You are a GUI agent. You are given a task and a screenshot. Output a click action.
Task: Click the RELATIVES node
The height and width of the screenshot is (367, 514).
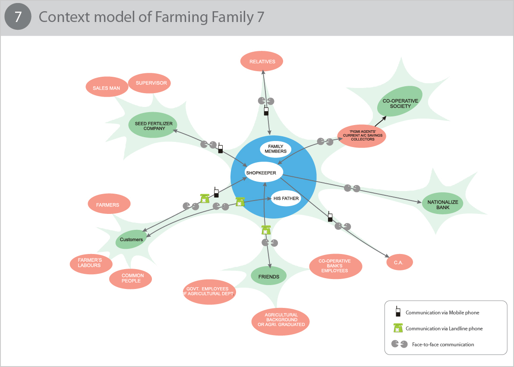pyautogui.click(x=262, y=61)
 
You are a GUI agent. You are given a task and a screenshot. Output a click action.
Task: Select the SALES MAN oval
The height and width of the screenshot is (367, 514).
pyautogui.click(x=106, y=88)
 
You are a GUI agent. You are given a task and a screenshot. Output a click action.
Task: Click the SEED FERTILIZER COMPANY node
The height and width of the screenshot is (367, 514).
pyautogui.click(x=153, y=125)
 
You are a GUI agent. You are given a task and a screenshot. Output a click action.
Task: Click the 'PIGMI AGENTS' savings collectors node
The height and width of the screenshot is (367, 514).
pyautogui.click(x=361, y=136)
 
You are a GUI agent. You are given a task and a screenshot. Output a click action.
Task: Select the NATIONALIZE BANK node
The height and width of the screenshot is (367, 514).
pyautogui.click(x=443, y=204)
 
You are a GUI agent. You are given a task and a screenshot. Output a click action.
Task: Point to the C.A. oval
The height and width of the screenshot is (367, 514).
pyautogui.click(x=400, y=262)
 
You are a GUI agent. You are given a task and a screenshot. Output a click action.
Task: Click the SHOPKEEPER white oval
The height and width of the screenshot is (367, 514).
pyautogui.click(x=261, y=173)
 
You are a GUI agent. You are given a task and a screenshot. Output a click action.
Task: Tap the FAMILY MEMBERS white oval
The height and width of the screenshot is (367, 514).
pyautogui.click(x=275, y=149)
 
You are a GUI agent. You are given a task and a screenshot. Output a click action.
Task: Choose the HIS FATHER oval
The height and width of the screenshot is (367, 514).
pyautogui.click(x=286, y=198)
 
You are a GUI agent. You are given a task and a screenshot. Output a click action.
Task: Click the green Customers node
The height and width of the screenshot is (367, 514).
pyautogui.click(x=131, y=239)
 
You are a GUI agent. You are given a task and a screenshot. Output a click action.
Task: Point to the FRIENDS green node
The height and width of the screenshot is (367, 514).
pyautogui.click(x=269, y=276)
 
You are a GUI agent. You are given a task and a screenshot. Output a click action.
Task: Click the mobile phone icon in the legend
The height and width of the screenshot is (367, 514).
pyautogui.click(x=397, y=312)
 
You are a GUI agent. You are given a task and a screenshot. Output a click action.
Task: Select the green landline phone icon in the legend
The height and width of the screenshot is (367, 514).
pyautogui.click(x=397, y=328)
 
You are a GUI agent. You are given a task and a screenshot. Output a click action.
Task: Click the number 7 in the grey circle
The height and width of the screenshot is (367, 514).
pyautogui.click(x=18, y=18)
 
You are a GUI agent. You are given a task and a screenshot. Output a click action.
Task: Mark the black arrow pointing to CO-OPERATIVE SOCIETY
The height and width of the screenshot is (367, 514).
pyautogui.click(x=381, y=121)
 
